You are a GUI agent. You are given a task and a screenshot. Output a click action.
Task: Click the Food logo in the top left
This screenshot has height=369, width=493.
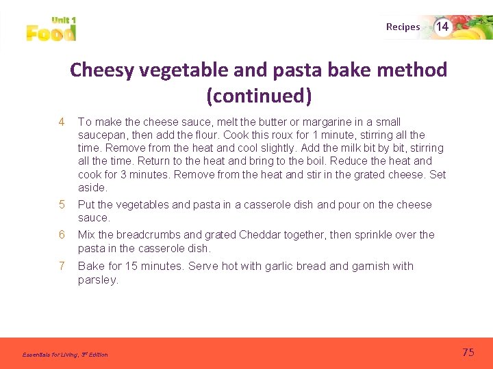click(51, 30)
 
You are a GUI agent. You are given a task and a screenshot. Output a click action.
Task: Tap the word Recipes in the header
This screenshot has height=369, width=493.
click(403, 27)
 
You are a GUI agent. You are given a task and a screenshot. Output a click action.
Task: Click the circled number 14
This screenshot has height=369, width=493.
click(442, 27)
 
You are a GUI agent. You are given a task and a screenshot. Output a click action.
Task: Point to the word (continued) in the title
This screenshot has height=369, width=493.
click(259, 96)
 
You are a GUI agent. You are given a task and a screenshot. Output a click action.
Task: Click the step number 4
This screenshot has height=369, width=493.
click(61, 122)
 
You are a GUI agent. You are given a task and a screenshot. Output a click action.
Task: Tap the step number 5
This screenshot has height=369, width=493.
click(61, 204)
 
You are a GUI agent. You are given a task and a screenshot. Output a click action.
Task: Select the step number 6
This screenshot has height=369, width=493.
click(61, 235)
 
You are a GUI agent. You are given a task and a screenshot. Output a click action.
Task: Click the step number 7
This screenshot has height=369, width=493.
click(61, 266)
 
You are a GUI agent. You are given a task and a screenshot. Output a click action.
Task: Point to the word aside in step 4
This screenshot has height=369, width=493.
click(92, 187)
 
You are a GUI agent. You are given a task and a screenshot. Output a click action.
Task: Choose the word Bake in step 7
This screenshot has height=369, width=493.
click(90, 266)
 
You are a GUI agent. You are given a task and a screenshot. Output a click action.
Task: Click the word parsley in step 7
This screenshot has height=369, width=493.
click(97, 279)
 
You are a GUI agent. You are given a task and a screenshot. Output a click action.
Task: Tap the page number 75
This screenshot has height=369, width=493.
click(468, 353)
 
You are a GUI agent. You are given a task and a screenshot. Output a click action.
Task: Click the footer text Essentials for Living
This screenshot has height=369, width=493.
click(51, 355)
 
